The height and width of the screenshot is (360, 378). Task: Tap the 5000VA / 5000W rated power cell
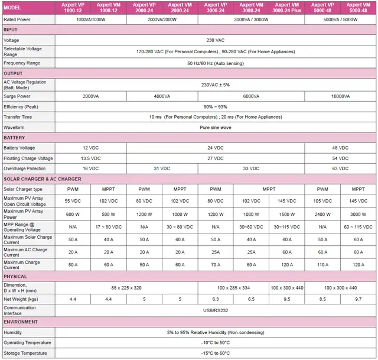pyautogui.click(x=340, y=20)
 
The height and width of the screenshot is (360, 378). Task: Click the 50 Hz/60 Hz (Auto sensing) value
pyautogui.click(x=216, y=63)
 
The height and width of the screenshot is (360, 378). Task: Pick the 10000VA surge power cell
pyautogui.click(x=340, y=96)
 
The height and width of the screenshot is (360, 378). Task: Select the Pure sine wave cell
pyautogui.click(x=216, y=127)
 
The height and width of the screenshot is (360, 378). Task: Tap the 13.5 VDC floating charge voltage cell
pyautogui.click(x=91, y=158)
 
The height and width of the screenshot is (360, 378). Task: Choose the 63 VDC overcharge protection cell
pyautogui.click(x=340, y=168)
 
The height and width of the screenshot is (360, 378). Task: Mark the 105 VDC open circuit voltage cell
pyautogui.click(x=322, y=201)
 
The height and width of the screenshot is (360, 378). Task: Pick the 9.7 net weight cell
pyautogui.click(x=358, y=300)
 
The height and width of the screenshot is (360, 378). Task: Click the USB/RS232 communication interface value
pyautogui.click(x=216, y=310)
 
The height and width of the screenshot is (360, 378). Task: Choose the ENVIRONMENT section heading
pyautogui.click(x=21, y=322)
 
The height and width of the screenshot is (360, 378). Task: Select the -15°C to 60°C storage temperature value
pyautogui.click(x=216, y=353)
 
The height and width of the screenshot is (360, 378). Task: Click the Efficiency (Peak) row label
pyautogui.click(x=21, y=106)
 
